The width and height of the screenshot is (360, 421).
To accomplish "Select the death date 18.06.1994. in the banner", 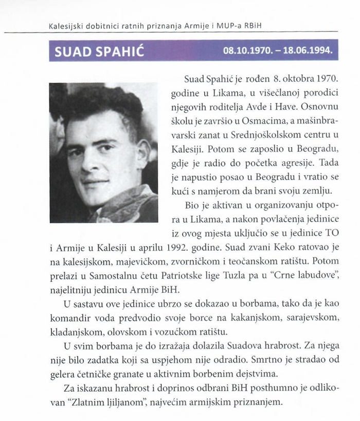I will point(306,52).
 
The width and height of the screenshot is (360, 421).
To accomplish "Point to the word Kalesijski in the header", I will point(66,25).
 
